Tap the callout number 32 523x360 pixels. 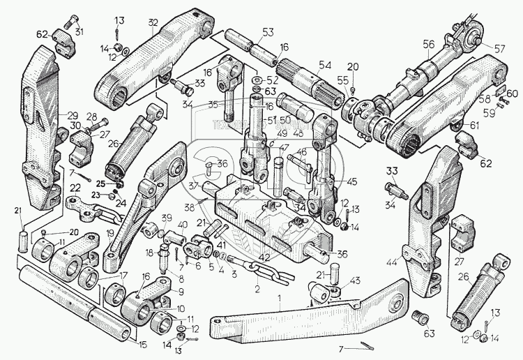coord(151,22)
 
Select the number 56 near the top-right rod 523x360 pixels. coord(428,43)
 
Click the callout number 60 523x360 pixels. coord(513,93)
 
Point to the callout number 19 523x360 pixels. coord(110,234)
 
